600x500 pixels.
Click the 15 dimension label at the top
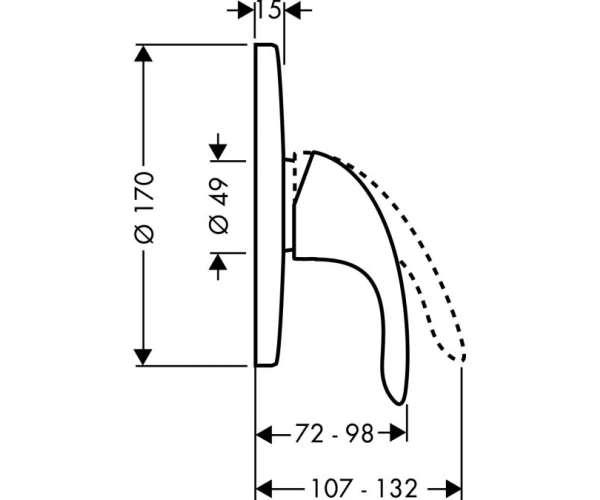[269, 10]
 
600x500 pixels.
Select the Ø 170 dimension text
[145, 207]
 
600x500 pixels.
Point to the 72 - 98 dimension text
[334, 434]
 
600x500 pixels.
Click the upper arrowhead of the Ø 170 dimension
[143, 54]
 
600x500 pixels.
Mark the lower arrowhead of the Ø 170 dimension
[143, 357]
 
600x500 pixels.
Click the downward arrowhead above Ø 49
[218, 152]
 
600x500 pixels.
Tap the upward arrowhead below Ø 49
[218, 262]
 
